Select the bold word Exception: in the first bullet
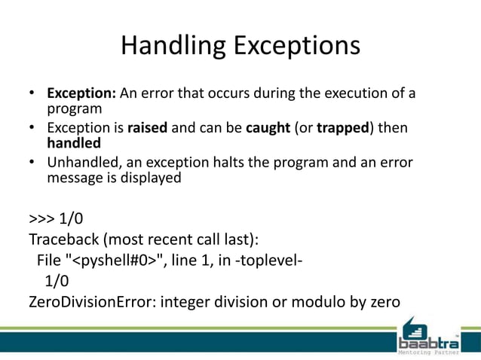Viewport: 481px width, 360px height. (81, 95)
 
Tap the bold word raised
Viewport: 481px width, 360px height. (149, 128)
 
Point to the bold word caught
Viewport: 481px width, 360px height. (267, 128)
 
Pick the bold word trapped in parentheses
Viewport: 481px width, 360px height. (342, 128)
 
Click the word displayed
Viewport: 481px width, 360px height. (155, 178)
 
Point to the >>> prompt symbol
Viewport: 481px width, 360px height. (43, 219)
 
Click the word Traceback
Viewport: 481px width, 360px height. (64, 240)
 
